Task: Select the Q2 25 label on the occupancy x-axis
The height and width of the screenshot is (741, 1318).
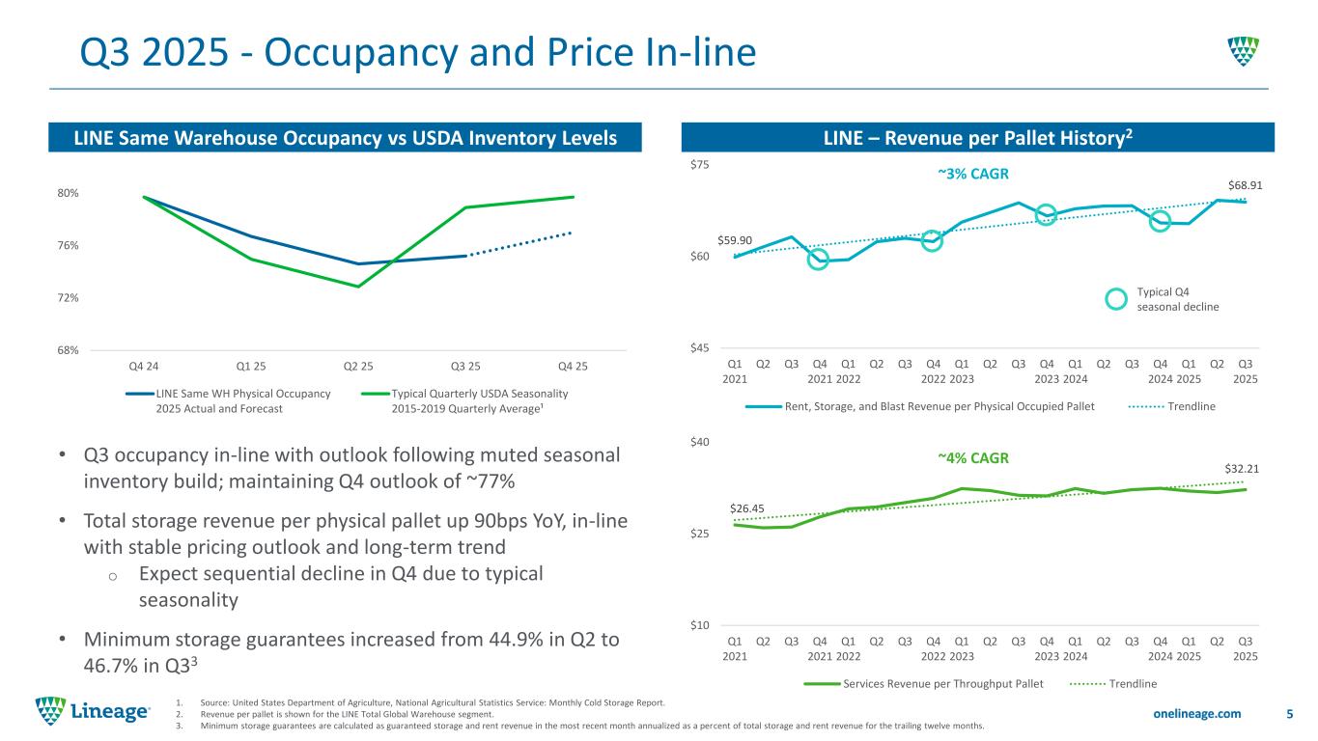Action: click(359, 366)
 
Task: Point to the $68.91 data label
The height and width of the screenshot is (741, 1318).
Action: click(1245, 183)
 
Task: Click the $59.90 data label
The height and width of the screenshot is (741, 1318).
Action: click(735, 240)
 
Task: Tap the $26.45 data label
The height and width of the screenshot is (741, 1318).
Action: click(746, 508)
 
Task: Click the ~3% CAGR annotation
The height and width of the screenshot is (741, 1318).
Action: click(973, 174)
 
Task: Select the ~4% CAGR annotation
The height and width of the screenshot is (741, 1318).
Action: click(973, 458)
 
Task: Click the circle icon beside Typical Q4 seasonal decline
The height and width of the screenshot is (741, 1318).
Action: click(1115, 299)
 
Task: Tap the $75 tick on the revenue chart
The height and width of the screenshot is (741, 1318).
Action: click(726, 165)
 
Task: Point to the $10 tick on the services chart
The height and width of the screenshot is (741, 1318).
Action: click(726, 625)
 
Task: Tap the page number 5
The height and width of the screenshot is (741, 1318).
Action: click(1290, 714)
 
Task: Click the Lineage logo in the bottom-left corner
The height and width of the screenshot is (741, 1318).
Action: click(93, 712)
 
